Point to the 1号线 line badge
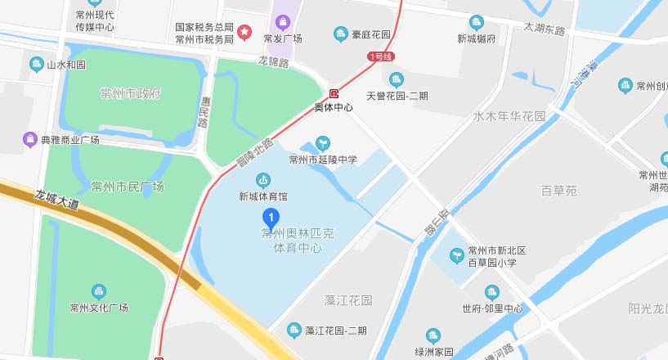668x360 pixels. point(381,56)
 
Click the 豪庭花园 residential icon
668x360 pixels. point(341,34)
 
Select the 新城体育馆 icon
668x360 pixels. point(263,180)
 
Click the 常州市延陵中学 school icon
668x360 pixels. point(323,143)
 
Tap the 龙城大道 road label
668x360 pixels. point(57,200)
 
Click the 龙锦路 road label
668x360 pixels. point(274,61)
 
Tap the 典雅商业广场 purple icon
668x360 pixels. point(30,140)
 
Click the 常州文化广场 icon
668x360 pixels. point(99,291)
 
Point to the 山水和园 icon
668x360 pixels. point(36,64)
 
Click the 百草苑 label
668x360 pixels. point(559,191)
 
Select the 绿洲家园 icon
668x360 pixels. point(433,335)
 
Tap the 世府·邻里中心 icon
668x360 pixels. point(491,292)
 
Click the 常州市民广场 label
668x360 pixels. point(128,187)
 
